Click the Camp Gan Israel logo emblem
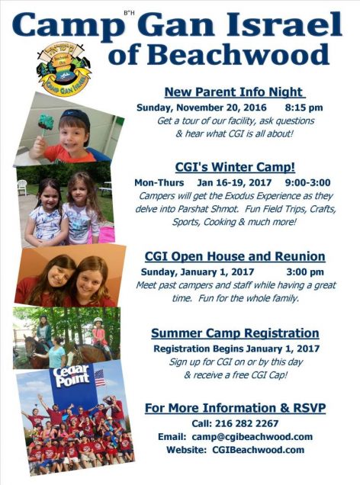coord(63,68)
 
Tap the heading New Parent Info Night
coord(235,92)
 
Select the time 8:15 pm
coord(304,108)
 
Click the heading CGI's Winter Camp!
coord(235,167)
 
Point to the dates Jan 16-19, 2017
coord(234,182)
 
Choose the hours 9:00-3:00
coord(307,182)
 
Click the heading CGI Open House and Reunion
coord(235,256)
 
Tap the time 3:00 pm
coord(305,272)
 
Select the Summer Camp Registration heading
coord(235,333)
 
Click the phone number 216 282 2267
coord(246,423)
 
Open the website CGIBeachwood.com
coord(259,450)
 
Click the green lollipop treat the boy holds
coord(46,122)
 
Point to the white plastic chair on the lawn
coord(22,188)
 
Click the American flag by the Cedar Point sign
coord(100,377)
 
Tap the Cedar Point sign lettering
coord(71,375)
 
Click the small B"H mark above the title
coord(129,13)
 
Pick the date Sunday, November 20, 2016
coord(201,108)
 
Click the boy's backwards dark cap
coord(77,119)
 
